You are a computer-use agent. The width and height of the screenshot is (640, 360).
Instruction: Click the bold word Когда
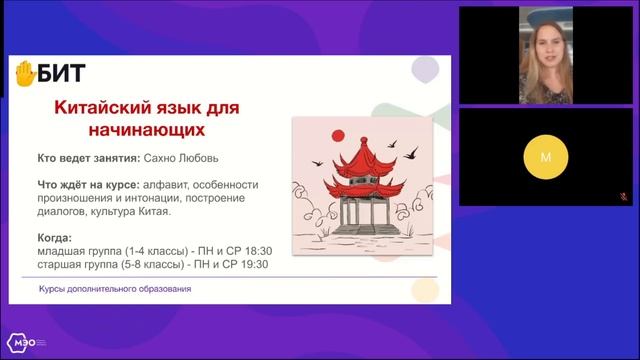(54, 239)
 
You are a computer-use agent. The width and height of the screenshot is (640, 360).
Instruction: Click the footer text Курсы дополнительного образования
(115, 289)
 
